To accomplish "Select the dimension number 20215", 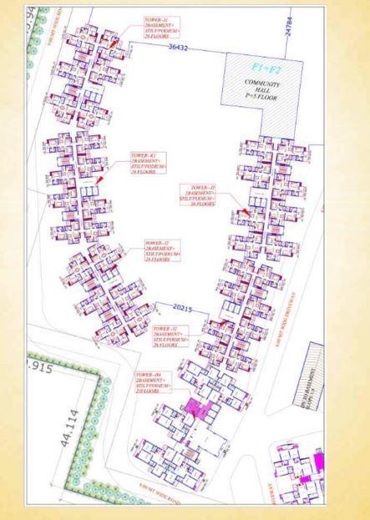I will (x=182, y=309).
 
